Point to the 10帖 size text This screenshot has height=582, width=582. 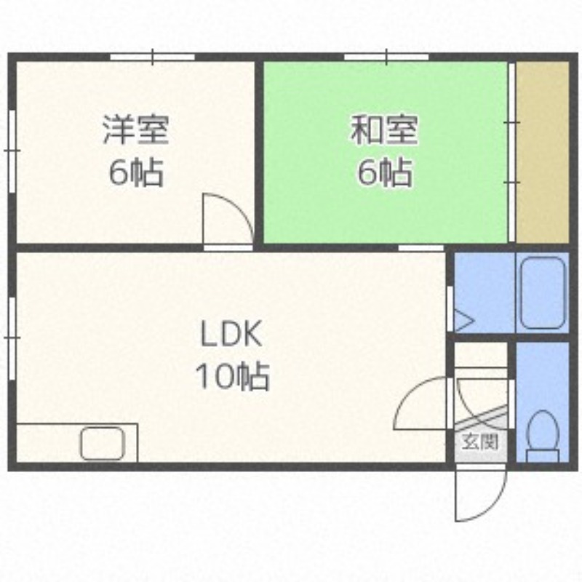pyautogui.click(x=231, y=377)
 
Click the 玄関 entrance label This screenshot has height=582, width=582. pyautogui.click(x=479, y=441)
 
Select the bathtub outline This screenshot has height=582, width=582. pyautogui.click(x=542, y=292)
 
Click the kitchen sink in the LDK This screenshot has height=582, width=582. pyautogui.click(x=102, y=444)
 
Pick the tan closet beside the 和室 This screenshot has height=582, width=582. pyautogui.click(x=542, y=151)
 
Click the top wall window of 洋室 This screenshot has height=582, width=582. pyautogui.click(x=153, y=57)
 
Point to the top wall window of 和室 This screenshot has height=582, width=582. pyautogui.click(x=386, y=57)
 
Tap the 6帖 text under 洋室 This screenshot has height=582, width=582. pyautogui.click(x=135, y=173)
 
